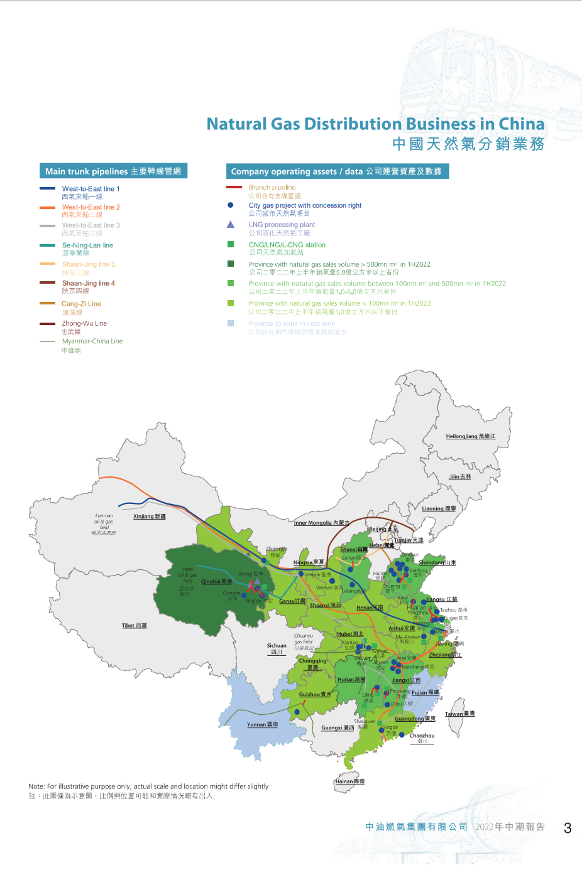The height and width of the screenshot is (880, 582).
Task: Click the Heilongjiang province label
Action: coord(470,436)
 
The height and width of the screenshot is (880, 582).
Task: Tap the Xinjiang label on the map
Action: coord(150,517)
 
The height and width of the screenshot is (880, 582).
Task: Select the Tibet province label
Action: coord(134,626)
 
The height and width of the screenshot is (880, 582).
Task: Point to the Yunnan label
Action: coord(262,724)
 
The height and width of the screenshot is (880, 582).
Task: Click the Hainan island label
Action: coord(349,781)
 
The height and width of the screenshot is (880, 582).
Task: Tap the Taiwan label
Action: coord(459,714)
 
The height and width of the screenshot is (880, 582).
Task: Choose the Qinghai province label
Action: coord(216,582)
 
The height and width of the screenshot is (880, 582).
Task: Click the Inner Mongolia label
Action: coord(321,523)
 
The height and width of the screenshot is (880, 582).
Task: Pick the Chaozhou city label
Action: coord(422,736)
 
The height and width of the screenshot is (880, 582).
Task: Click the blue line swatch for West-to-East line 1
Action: coord(48,188)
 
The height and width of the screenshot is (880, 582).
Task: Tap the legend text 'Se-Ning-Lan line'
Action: coord(87,245)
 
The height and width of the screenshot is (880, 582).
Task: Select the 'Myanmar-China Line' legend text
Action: coord(92,341)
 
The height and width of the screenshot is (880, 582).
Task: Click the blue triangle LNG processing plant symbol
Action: coord(231,224)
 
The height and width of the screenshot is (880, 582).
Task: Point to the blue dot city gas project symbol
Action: coord(231,205)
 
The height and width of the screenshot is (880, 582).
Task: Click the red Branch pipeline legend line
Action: coord(234,187)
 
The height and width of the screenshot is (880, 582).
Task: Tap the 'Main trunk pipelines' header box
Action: coord(113,171)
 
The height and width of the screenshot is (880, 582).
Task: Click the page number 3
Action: coord(568,828)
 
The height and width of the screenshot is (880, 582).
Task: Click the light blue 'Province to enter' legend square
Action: coord(231,323)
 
